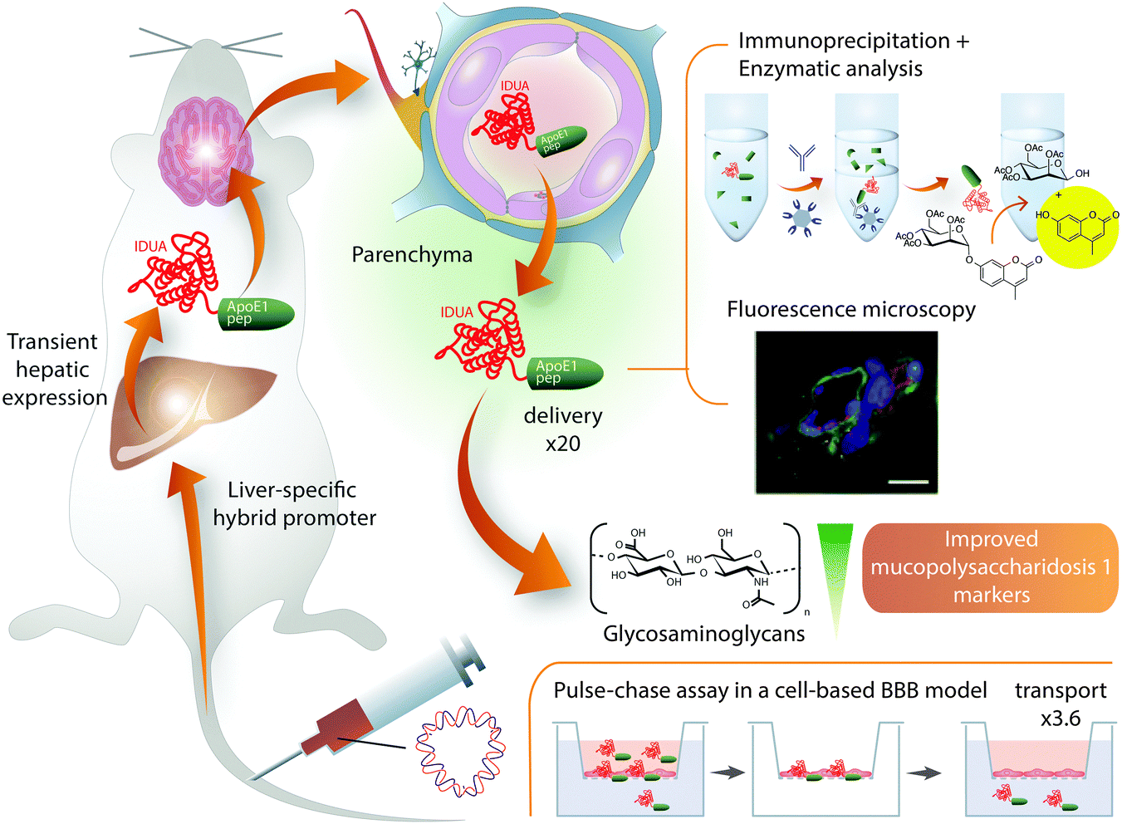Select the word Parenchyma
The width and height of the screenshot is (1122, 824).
pyautogui.click(x=412, y=254)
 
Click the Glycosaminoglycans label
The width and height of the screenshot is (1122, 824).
pyautogui.click(x=703, y=634)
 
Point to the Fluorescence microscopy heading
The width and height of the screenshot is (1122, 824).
pyautogui.click(x=850, y=310)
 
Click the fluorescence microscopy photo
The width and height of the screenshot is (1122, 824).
pyautogui.click(x=846, y=412)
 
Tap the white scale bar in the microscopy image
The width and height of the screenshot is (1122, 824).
pyautogui.click(x=907, y=479)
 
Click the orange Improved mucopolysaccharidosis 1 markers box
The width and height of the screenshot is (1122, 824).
pyautogui.click(x=991, y=567)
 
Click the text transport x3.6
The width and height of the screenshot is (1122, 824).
pyautogui.click(x=1061, y=704)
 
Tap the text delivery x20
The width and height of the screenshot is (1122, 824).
pyautogui.click(x=563, y=429)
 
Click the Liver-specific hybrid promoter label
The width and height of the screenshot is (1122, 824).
pyautogui.click(x=294, y=504)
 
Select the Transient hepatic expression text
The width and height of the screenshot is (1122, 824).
pyautogui.click(x=54, y=370)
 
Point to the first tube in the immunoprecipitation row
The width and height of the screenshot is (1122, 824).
pyautogui.click(x=736, y=166)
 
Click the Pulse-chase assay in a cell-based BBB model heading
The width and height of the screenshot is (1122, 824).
pyautogui.click(x=770, y=690)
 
